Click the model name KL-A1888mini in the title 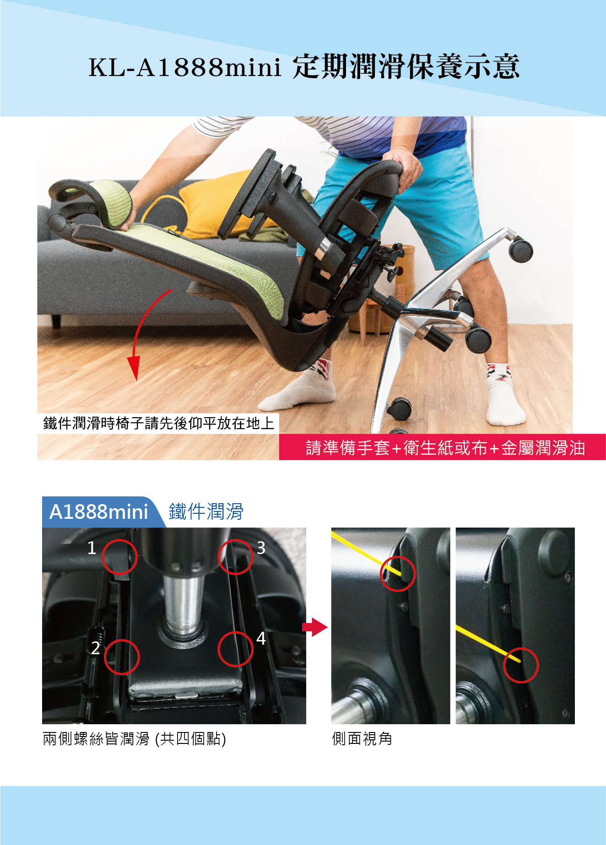[184, 67]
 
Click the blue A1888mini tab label [98, 512]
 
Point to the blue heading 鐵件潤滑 [206, 511]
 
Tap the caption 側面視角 [362, 738]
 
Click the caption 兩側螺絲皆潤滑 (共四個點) [134, 739]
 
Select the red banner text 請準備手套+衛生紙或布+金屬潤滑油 [445, 448]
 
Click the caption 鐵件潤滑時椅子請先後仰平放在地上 [158, 423]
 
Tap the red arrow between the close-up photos [315, 627]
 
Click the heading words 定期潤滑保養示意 [406, 67]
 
